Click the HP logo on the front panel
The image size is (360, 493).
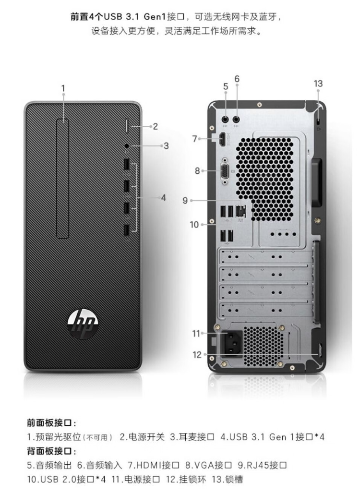pyautogui.click(x=83, y=322)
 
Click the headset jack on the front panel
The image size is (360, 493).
pyautogui.click(x=127, y=145)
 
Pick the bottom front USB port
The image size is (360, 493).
pyautogui.click(x=126, y=231)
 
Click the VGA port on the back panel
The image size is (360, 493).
pyautogui.click(x=225, y=171)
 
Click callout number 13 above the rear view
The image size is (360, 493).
pyautogui.click(x=318, y=84)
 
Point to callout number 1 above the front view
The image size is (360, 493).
pyautogui.click(x=63, y=88)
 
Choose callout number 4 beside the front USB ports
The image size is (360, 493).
pyautogui.click(x=163, y=198)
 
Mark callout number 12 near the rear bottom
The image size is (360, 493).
pyautogui.click(x=197, y=355)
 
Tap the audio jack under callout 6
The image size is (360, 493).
pyautogui.click(x=237, y=119)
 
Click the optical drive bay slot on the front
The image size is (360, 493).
pyautogui.click(x=62, y=179)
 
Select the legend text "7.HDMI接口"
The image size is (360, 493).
pyautogui.click(x=154, y=465)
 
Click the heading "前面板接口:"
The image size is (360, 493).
pyautogui.click(x=51, y=422)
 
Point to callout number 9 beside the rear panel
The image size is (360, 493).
pyautogui.click(x=185, y=200)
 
